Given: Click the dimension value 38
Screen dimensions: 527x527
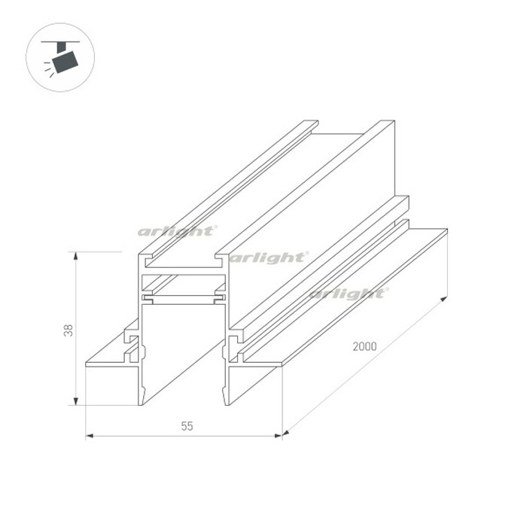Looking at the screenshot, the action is coord(69,330).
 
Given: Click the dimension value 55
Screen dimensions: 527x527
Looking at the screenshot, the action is coord(187,426).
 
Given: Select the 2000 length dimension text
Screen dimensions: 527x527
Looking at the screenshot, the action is coord(364,346).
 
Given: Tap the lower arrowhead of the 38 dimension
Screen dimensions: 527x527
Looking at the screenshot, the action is coord(76,401).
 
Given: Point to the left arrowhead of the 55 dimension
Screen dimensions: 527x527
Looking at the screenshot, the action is coord(90,436).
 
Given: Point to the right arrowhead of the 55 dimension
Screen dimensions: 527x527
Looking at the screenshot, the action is coord(279,436).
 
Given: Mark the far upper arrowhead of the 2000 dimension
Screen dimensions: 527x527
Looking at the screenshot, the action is coord(443,299).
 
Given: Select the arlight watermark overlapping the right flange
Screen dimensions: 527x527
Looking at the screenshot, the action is coord(348,294).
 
